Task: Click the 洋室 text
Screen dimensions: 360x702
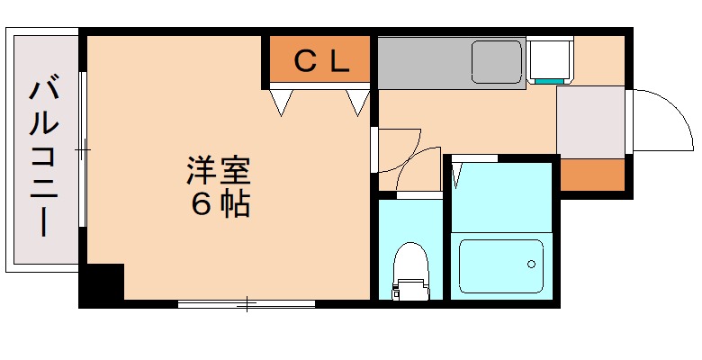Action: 218,171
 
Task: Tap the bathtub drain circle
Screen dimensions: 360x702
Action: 531,265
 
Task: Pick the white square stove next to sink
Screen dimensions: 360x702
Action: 549,59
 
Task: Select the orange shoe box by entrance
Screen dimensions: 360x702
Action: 591,174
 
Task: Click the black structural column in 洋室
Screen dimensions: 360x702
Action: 101,283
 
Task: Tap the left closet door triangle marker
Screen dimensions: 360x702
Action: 281,101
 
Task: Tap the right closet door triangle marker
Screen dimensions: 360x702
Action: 358,101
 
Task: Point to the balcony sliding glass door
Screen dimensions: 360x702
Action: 83,148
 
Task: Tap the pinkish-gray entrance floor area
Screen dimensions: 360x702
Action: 590,121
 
